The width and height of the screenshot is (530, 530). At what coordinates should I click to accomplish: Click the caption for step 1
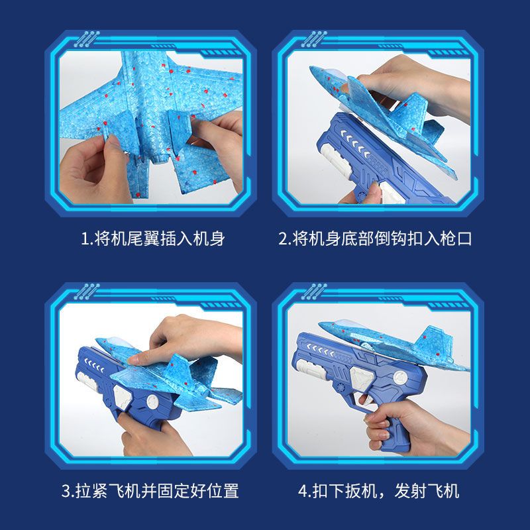[153, 238]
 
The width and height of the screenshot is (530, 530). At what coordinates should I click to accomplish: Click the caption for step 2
[375, 238]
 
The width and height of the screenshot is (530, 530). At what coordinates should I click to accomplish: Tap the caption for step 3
[150, 490]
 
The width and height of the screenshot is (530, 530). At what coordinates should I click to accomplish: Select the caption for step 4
[378, 490]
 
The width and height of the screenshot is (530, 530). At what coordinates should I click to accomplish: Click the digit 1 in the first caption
[85, 239]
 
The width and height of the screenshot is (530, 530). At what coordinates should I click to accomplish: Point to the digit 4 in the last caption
[303, 491]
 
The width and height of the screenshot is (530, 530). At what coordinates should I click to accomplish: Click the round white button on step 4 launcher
[401, 377]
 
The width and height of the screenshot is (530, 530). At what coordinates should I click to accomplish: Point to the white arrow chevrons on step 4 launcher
[319, 350]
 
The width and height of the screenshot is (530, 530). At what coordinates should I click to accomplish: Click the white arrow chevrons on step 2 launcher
[355, 143]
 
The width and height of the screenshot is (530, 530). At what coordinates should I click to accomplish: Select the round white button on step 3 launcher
[154, 402]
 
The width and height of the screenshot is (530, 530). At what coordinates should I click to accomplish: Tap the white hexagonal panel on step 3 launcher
[122, 397]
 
